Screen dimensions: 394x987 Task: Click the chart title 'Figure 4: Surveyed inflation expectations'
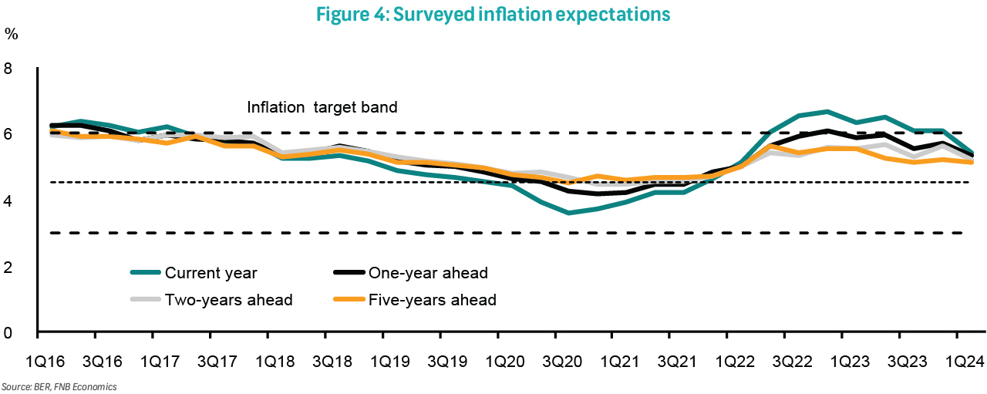tap(493, 14)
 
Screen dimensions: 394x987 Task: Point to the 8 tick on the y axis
tap(8, 68)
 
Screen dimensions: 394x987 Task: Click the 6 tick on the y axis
tap(8, 134)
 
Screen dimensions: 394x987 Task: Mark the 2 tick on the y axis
tap(8, 267)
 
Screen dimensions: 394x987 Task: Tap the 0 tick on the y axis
tap(8, 332)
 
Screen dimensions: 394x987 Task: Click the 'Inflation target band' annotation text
tap(322, 107)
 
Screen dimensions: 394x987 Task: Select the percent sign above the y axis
tap(12, 33)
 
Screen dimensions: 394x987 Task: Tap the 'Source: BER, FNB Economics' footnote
tap(59, 386)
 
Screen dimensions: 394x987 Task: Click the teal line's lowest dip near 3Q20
tap(568, 213)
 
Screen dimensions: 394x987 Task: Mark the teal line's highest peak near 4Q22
tap(827, 112)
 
